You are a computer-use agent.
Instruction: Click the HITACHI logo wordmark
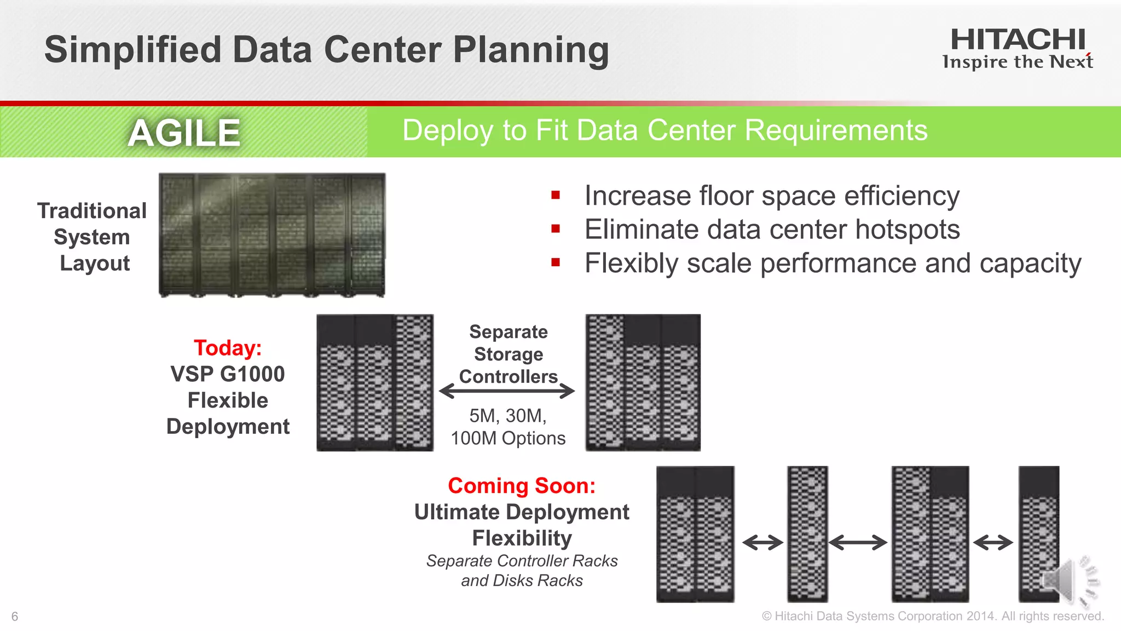point(1018,39)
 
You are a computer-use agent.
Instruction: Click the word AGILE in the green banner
point(184,133)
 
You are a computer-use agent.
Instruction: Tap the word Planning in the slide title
point(531,50)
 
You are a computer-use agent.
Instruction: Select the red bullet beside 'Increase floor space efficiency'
point(556,195)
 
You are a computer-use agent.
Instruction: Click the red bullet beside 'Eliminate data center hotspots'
point(556,229)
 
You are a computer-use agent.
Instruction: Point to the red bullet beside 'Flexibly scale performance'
point(556,262)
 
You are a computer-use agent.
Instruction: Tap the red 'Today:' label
point(228,348)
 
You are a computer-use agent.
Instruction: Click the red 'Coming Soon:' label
point(521,486)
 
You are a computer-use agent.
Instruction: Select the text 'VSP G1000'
point(228,374)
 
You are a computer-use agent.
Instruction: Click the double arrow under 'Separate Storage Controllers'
point(507,391)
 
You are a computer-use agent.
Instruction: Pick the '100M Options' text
point(508,438)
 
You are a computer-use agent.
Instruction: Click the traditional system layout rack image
point(272,236)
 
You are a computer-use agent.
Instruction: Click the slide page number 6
point(15,617)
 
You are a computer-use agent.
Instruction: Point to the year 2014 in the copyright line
point(980,616)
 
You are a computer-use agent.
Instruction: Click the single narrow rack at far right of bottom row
point(1038,534)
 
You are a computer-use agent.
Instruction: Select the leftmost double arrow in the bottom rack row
point(762,543)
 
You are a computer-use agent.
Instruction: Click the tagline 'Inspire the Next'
point(1018,62)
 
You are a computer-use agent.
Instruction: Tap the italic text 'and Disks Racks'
point(522,581)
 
